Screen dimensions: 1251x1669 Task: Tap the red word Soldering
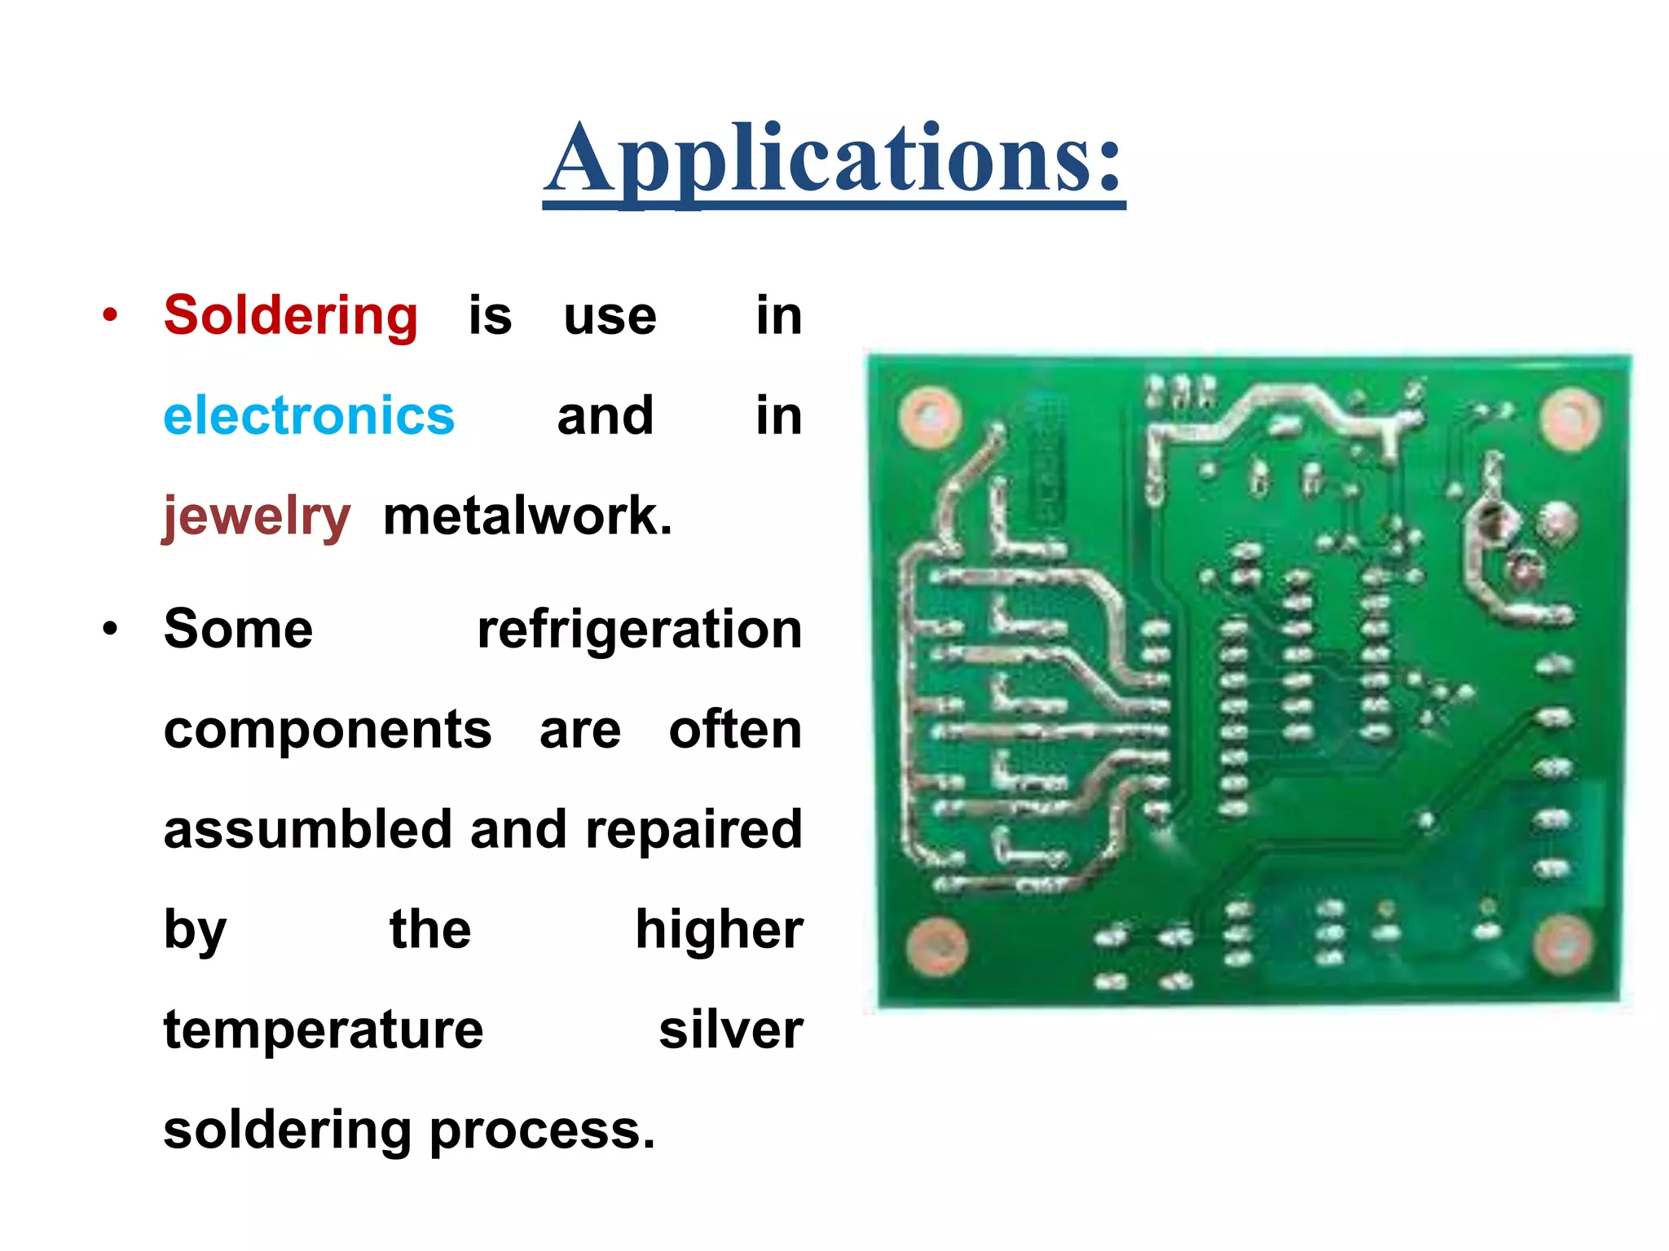[291, 316]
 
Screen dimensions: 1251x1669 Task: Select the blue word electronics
[308, 416]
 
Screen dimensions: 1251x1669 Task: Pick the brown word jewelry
[256, 516]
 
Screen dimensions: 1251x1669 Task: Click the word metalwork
[527, 516]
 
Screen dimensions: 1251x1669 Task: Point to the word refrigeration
[639, 630]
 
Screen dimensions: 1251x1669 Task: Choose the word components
[328, 730]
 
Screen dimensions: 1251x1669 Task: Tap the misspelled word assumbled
[307, 830]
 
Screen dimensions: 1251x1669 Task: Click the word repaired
[694, 830]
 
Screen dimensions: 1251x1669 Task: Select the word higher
[719, 930]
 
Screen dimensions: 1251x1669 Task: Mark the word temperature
[324, 1030]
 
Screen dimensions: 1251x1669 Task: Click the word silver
[730, 1030]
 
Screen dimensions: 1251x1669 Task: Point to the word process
[542, 1130]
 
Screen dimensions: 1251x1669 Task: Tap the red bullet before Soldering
[111, 315]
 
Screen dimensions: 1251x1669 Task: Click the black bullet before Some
[111, 630]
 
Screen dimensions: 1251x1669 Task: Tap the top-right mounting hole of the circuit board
[1570, 419]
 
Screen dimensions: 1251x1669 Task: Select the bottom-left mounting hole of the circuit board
[936, 946]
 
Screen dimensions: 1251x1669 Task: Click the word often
[735, 730]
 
